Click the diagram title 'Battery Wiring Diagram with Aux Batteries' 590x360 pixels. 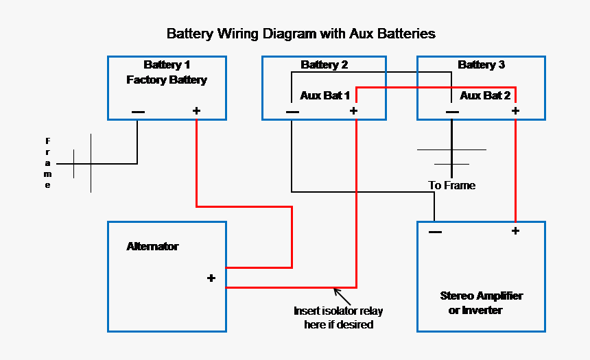pyautogui.click(x=301, y=33)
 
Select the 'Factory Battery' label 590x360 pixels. pyautogui.click(x=167, y=80)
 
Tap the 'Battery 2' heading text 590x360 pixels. pyautogui.click(x=324, y=65)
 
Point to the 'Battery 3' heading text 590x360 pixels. pyautogui.click(x=481, y=65)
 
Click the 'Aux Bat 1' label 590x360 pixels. pyautogui.click(x=325, y=95)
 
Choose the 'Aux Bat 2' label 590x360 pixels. pyautogui.click(x=484, y=95)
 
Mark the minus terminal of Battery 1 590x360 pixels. pyautogui.click(x=138, y=112)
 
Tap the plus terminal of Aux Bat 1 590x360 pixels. pyautogui.click(x=353, y=111)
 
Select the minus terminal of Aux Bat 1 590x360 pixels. pyautogui.click(x=292, y=112)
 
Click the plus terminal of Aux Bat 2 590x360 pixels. pyautogui.click(x=515, y=111)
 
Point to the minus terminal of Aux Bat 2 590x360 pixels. pyautogui.click(x=452, y=112)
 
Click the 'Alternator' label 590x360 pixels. pyautogui.click(x=152, y=246)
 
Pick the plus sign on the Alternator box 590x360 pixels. pyautogui.click(x=211, y=278)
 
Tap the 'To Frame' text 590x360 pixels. pyautogui.click(x=451, y=185)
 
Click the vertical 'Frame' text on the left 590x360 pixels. pyautogui.click(x=48, y=163)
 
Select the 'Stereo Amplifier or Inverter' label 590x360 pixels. pyautogui.click(x=481, y=303)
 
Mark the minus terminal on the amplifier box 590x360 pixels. pyautogui.click(x=435, y=232)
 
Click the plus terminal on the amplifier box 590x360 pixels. pyautogui.click(x=515, y=231)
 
